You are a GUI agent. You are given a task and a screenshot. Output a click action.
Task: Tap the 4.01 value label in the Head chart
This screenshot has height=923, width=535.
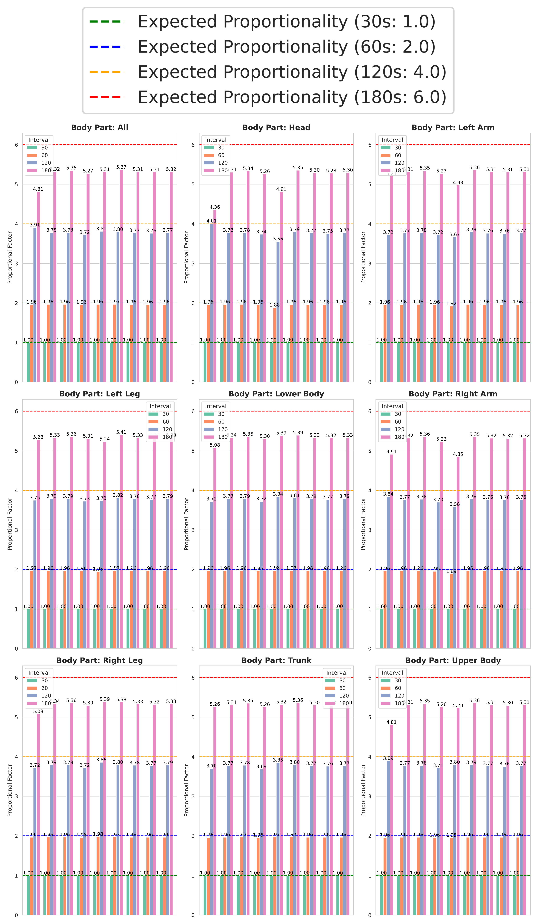pyautogui.click(x=211, y=221)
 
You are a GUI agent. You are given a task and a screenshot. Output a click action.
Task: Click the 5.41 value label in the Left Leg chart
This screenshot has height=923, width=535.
pyautogui.click(x=121, y=432)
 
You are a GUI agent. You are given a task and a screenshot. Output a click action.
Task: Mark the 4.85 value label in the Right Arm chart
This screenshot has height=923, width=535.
pyautogui.click(x=458, y=454)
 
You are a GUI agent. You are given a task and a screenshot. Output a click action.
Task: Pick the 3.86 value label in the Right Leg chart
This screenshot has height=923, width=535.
pyautogui.click(x=101, y=760)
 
